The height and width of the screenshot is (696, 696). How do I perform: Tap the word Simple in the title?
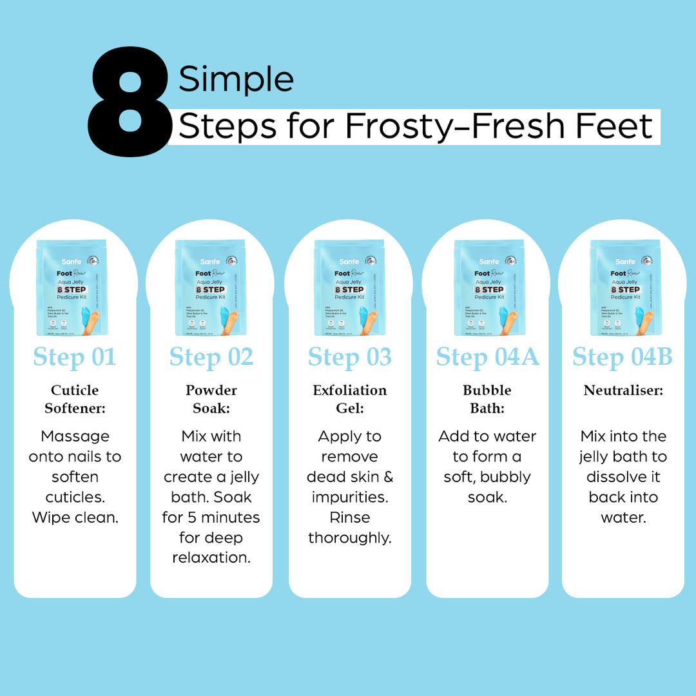236,80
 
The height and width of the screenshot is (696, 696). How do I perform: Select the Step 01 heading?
75,356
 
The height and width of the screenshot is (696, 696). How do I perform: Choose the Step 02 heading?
211,356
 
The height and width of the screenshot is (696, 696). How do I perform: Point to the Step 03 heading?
349,356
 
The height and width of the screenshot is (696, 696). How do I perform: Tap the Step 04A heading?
487,356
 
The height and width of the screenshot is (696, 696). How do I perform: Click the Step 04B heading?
623,356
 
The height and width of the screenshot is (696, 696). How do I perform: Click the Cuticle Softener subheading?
75,399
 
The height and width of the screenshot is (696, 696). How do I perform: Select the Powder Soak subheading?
211,399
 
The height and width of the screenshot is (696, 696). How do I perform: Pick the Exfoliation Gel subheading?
349,399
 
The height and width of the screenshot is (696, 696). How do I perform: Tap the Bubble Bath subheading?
487,399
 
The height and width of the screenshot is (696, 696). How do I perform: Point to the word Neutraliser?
623,391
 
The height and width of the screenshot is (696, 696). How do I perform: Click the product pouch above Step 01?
72,287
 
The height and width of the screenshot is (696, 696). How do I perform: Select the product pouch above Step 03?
349,287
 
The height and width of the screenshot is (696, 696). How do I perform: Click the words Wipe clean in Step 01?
75,517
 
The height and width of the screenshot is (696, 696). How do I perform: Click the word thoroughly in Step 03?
349,538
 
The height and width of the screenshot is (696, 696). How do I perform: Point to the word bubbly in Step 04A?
505,477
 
